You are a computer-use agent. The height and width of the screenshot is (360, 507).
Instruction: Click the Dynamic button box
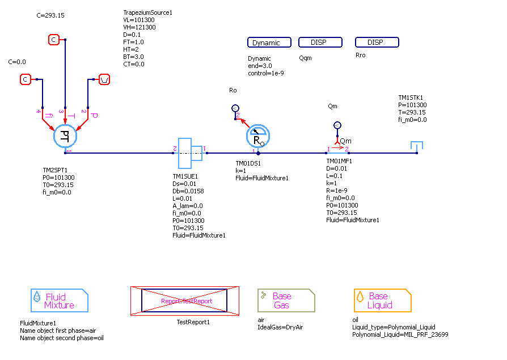click(x=269, y=43)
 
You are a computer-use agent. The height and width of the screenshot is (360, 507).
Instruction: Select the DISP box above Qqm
click(x=320, y=43)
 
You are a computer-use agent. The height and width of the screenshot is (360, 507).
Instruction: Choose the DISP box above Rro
click(x=377, y=43)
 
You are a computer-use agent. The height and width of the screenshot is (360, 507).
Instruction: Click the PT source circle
click(x=65, y=136)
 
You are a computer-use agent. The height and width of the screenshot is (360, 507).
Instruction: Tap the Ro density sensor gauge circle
click(x=258, y=137)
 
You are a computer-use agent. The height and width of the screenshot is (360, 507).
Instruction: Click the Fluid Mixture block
click(x=60, y=300)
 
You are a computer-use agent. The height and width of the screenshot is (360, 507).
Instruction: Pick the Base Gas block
click(x=286, y=300)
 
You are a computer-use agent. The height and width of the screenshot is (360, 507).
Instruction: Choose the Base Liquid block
click(x=383, y=300)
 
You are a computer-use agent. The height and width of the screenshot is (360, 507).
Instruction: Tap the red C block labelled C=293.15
click(x=53, y=40)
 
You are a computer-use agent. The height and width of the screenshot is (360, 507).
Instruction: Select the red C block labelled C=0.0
click(x=26, y=79)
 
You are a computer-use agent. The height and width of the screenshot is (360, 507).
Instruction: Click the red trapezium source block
click(x=105, y=79)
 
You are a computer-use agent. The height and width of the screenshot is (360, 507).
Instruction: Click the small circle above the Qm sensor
click(x=337, y=125)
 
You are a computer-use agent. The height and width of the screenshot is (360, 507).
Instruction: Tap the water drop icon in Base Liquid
click(x=360, y=297)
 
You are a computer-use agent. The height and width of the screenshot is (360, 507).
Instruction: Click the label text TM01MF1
click(x=339, y=161)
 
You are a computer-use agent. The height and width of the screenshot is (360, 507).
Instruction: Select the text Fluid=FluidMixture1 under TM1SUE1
click(x=199, y=235)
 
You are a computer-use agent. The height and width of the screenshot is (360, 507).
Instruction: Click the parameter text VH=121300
click(x=140, y=27)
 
